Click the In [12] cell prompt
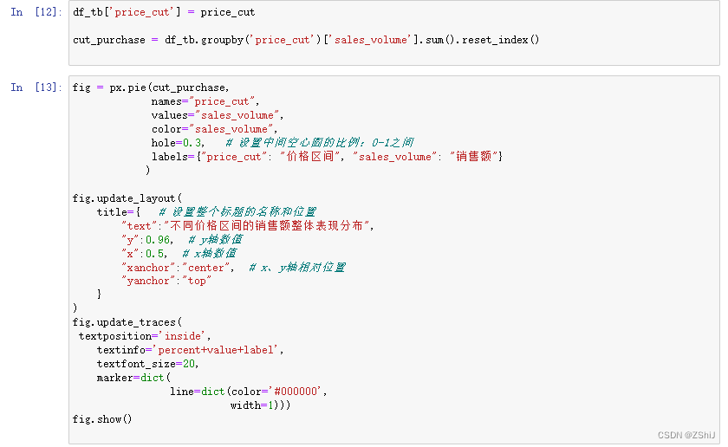point(36,12)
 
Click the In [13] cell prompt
point(36,87)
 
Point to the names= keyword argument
point(169,101)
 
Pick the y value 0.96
point(159,239)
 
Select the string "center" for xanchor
point(205,267)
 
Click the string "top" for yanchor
point(196,281)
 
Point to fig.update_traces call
point(124,321)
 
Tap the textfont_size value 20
point(192,363)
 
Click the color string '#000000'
point(296,391)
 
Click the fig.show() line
point(102,419)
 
